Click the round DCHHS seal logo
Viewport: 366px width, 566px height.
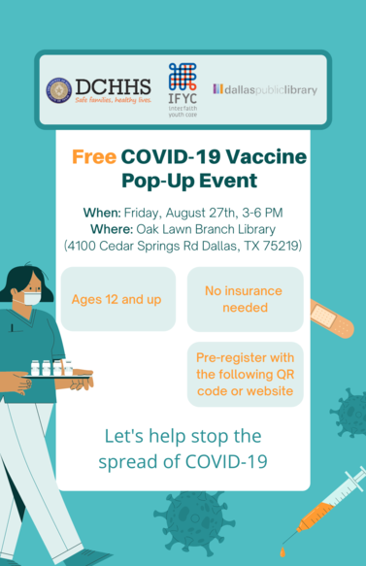[x=59, y=90]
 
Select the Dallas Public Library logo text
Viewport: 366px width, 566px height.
[x=265, y=90]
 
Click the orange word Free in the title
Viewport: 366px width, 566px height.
[x=95, y=157]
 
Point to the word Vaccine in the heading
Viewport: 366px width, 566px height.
[x=270, y=157]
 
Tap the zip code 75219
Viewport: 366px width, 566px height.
[x=283, y=246]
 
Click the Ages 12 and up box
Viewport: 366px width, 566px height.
[x=116, y=299]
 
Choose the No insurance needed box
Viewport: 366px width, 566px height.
[x=244, y=299]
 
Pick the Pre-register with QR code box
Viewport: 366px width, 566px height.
[x=244, y=374]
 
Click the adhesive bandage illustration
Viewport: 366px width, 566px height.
[x=331, y=316]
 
